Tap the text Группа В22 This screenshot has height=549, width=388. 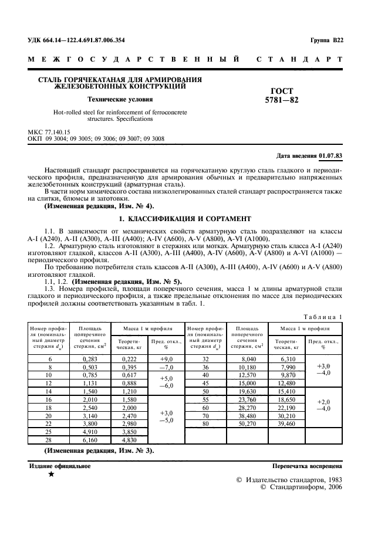326,40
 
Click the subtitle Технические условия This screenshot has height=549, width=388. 120,99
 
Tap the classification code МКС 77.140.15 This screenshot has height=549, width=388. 49,133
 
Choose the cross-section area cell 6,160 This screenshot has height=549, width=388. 90,439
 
